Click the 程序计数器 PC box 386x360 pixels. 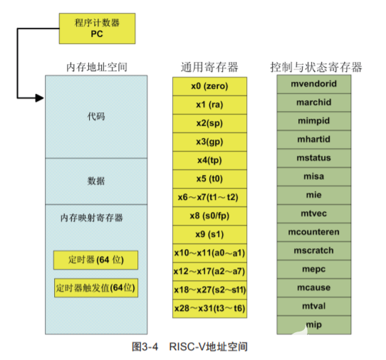click(96, 28)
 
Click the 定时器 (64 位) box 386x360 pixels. click(95, 260)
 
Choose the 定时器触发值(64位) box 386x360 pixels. click(95, 289)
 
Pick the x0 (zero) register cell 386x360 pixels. click(209, 86)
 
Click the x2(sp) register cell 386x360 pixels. click(209, 123)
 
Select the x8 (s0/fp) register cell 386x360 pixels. click(209, 216)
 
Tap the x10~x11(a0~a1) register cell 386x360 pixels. click(209, 253)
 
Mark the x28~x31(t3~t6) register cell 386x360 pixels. click(209, 308)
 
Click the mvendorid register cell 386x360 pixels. click(314, 83)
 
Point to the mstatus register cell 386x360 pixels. click(314, 157)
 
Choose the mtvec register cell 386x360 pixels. click(314, 213)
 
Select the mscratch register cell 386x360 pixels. click(314, 250)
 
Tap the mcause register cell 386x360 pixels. click(314, 287)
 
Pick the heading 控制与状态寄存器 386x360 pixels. click(315, 67)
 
